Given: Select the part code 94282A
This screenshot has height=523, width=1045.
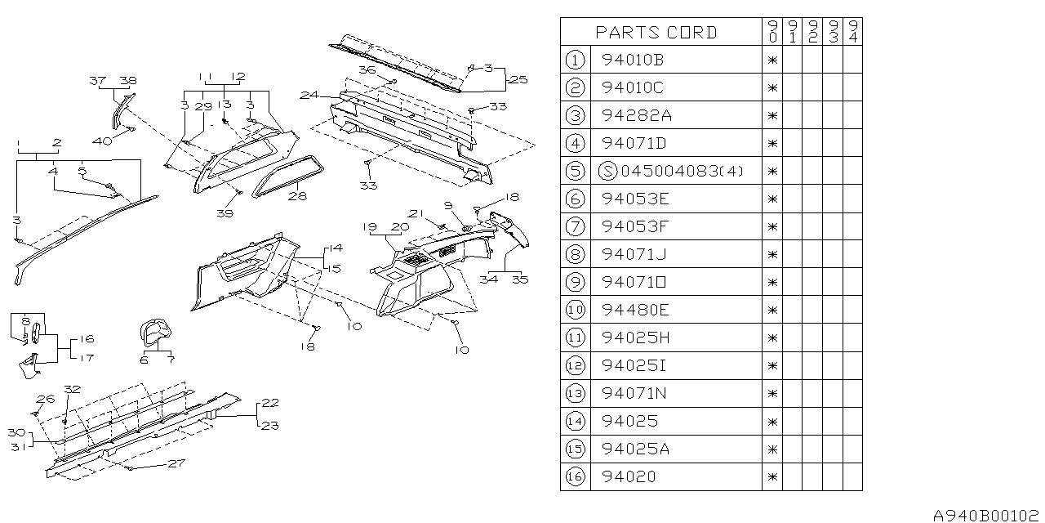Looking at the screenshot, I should pos(637,115).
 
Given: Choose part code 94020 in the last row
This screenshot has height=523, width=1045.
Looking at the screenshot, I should pos(629,476).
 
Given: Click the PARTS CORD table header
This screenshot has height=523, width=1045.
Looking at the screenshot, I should pos(656,33).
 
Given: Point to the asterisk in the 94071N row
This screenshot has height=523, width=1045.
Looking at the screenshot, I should pos(772,393).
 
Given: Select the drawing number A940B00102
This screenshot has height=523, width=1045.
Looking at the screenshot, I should pos(985,516).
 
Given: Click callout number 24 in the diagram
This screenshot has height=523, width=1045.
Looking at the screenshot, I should pos(308,96).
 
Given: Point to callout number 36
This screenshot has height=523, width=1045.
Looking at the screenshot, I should pos(367,72).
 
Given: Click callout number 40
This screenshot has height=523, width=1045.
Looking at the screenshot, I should pos(101,141).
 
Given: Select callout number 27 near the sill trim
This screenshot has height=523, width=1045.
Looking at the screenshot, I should pos(176,463).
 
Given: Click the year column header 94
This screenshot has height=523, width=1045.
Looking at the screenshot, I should pos(852,33).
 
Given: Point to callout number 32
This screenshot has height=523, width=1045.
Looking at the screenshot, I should pos(73,390).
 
